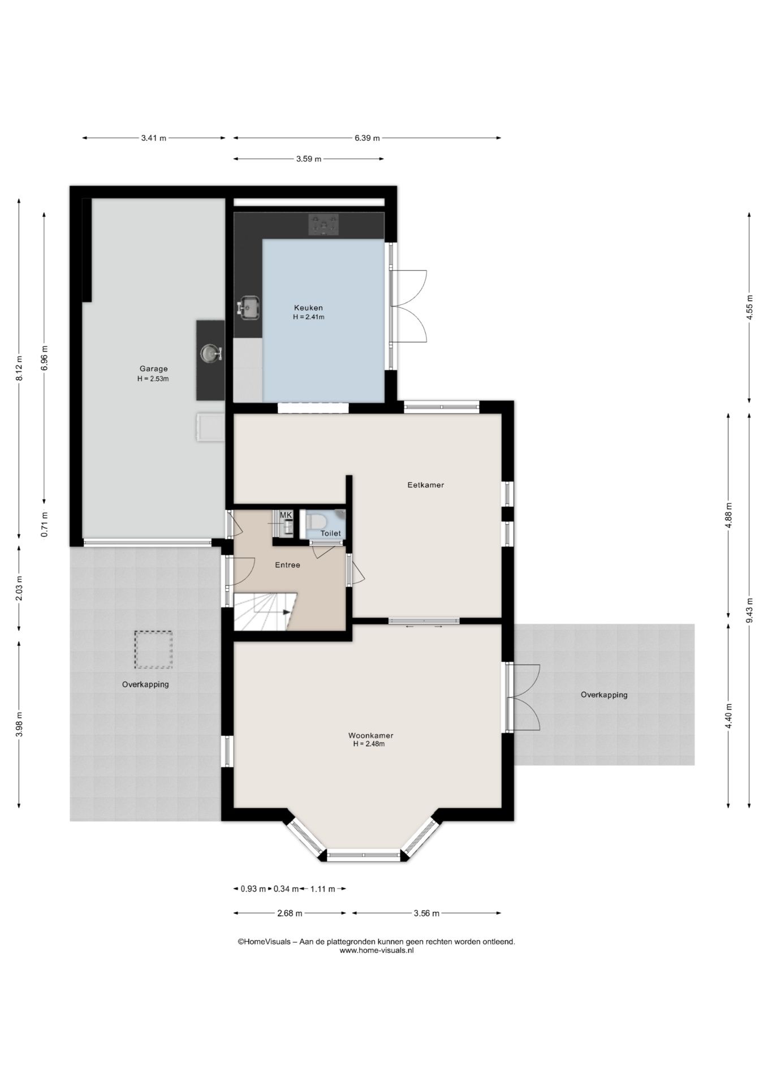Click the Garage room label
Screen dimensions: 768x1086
pos(153,369)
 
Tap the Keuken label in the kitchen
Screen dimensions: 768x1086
pos(309,308)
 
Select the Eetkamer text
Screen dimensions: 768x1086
pos(426,485)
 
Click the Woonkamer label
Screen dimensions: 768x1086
pos(370,735)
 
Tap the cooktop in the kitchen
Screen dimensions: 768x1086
pos(324,225)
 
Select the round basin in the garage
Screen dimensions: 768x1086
pos(210,353)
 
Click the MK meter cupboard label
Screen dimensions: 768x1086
pos(286,515)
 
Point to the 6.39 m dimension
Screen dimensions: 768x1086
pos(367,137)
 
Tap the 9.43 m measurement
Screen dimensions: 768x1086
pos(749,610)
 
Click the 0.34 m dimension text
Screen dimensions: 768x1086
pos(286,889)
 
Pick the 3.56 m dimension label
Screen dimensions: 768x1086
pos(426,913)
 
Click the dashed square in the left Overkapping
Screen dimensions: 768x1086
pos(153,650)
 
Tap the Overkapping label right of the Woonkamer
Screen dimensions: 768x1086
pos(604,695)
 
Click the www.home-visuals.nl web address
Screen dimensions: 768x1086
pos(377,951)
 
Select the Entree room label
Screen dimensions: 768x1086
pos(287,564)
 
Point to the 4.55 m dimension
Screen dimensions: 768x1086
pos(749,308)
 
